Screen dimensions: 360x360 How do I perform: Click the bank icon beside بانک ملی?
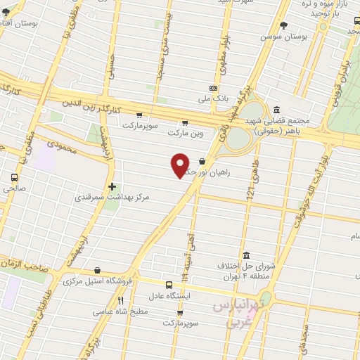pos(213,88)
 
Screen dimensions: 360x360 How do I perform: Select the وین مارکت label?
pos(184,131)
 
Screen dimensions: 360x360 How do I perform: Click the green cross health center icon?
pos(112,186)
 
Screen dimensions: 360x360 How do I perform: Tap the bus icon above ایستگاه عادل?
pos(168,285)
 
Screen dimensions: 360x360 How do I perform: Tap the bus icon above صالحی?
pos(14,178)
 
